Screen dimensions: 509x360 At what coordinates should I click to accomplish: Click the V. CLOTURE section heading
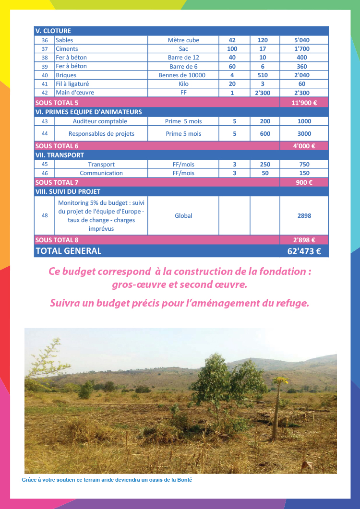pos(53,31)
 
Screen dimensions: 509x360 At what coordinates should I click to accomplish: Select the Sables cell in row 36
pos(64,40)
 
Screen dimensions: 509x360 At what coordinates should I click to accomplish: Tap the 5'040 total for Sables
pos(304,40)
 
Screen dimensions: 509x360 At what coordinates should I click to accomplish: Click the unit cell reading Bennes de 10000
pos(183,75)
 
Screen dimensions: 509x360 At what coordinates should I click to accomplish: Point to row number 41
pos(45,84)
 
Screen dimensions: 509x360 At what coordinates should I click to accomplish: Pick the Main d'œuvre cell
pos(75,93)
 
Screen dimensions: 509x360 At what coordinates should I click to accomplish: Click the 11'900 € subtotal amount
pos(304,103)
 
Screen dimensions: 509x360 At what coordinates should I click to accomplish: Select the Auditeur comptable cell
pos(100,121)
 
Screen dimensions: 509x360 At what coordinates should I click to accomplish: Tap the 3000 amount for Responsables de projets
pos(304,134)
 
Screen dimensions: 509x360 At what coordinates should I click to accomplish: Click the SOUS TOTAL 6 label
pos(57,146)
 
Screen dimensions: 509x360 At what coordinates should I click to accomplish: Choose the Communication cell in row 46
pos(101,173)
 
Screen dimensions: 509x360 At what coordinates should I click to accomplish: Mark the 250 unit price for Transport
pos(265,165)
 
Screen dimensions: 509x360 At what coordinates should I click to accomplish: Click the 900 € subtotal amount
pos(304,182)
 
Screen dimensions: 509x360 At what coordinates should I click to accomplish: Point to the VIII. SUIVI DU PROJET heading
pos(68,191)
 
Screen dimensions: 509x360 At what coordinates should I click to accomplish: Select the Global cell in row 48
pos(183,216)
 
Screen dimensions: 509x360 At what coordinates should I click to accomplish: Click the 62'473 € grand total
pos(303,251)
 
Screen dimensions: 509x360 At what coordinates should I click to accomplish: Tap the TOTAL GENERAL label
pos(68,251)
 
